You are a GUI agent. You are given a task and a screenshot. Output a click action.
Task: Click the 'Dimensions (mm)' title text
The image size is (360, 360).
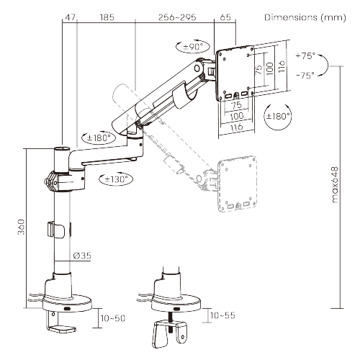pyautogui.click(x=305, y=17)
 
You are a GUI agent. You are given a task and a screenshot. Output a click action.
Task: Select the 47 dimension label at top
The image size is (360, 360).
pyautogui.click(x=71, y=17)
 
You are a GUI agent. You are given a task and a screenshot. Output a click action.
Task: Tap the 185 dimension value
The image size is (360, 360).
pyautogui.click(x=107, y=17)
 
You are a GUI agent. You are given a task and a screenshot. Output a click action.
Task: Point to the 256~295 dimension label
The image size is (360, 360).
pyautogui.click(x=177, y=17)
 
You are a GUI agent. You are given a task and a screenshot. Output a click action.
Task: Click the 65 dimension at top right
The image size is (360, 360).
pyautogui.click(x=225, y=17)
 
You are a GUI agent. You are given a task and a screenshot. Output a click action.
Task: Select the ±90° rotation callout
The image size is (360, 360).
pyautogui.click(x=193, y=47)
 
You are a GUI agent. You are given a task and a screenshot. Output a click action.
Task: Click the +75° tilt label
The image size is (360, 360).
pyautogui.click(x=305, y=55)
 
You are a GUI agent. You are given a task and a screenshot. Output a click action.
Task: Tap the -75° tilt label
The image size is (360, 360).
pyautogui.click(x=305, y=76)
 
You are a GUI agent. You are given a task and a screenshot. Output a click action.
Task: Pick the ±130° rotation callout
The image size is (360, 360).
pyautogui.click(x=116, y=179)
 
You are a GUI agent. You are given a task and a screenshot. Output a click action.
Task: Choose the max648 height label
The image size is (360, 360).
pyautogui.click(x=335, y=185)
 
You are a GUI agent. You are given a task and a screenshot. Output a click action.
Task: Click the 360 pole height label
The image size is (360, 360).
pyautogui.click(x=21, y=227)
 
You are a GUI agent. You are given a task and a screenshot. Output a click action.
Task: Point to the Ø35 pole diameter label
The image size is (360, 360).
pyautogui.click(x=82, y=256)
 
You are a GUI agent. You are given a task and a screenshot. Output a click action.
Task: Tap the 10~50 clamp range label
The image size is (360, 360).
pyautogui.click(x=113, y=318)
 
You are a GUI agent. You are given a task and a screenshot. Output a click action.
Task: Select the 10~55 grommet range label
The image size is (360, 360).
pyautogui.click(x=222, y=315)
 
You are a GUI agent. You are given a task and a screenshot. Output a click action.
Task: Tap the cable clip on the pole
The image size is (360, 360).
pyautogui.click(x=55, y=230)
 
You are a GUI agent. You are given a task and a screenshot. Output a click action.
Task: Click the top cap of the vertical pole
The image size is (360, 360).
pyautogui.click(x=62, y=149)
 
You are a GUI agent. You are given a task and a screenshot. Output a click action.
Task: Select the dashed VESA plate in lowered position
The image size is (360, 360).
pyautogui.click(x=237, y=184)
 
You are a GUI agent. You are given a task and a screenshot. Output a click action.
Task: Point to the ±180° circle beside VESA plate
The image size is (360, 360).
pyautogui.click(x=278, y=117)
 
